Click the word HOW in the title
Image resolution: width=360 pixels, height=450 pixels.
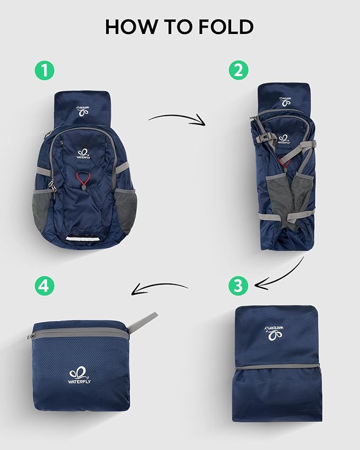[126, 26]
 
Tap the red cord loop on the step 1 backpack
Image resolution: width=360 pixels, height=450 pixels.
[83, 179]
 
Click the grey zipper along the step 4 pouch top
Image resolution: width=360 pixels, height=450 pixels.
[80, 333]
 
